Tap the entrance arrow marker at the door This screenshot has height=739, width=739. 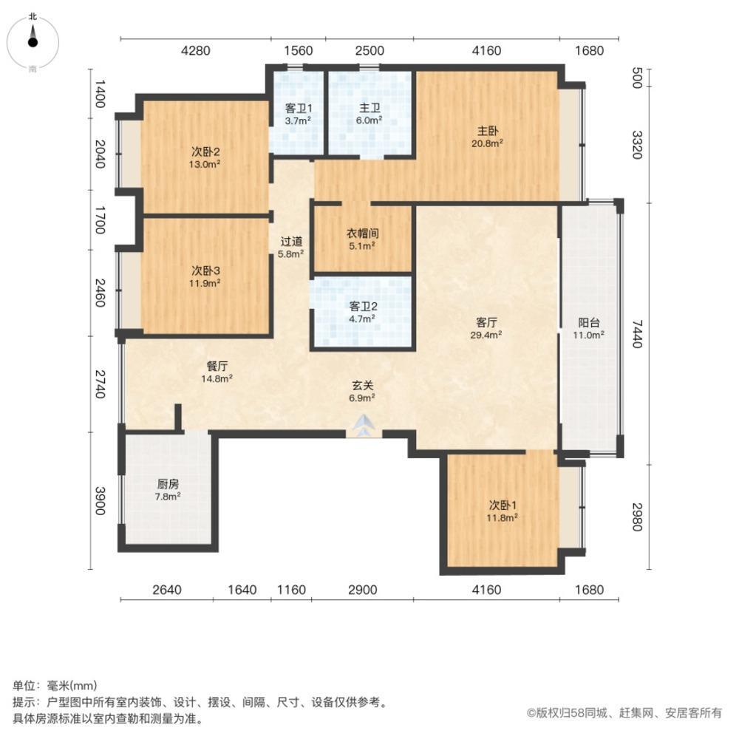pyautogui.click(x=363, y=425)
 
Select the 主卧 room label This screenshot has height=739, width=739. pyautogui.click(x=487, y=137)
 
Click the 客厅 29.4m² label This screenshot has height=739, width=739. pyautogui.click(x=486, y=329)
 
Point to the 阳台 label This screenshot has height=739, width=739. pyautogui.click(x=589, y=329)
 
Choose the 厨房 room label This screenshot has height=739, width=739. pyautogui.click(x=168, y=490)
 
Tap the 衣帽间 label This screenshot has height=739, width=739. pyautogui.click(x=362, y=239)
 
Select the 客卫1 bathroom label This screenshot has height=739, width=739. pyautogui.click(x=299, y=114)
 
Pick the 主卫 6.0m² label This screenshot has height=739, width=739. pyautogui.click(x=369, y=114)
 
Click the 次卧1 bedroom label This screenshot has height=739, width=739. pyautogui.click(x=503, y=511)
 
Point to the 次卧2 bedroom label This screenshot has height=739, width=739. pyautogui.click(x=205, y=158)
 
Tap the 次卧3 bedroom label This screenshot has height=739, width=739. pyautogui.click(x=205, y=276)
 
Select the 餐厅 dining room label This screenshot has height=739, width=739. pyautogui.click(x=217, y=372)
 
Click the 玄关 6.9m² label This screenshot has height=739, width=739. pyautogui.click(x=362, y=392)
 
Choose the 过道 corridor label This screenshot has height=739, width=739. pyautogui.click(x=291, y=248)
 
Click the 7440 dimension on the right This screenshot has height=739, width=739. pyautogui.click(x=637, y=334)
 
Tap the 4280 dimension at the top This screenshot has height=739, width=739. pyautogui.click(x=196, y=50)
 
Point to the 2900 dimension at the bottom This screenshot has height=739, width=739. pyautogui.click(x=362, y=590)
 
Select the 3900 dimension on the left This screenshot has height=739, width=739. pyautogui.click(x=101, y=500)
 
